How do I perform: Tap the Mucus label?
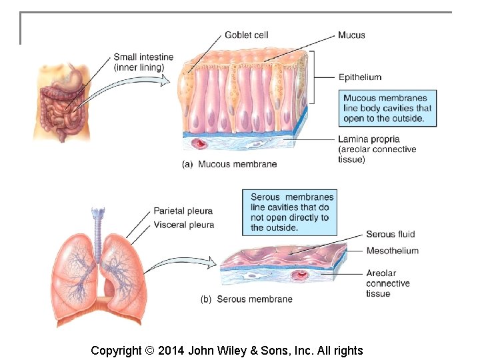click(x=351, y=35)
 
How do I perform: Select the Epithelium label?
click(x=359, y=77)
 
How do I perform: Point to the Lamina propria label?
click(x=369, y=139)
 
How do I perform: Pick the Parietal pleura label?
click(x=183, y=211)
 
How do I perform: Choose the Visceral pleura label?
click(x=183, y=225)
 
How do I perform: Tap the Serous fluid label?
click(x=390, y=234)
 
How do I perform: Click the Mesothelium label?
click(x=392, y=251)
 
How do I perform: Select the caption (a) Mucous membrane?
click(x=229, y=164)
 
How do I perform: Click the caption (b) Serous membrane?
click(x=246, y=299)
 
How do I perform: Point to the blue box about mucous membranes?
click(x=387, y=108)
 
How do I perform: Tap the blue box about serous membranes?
click(x=291, y=212)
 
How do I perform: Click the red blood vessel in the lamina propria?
click(x=199, y=143)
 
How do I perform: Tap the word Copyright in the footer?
click(x=116, y=351)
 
